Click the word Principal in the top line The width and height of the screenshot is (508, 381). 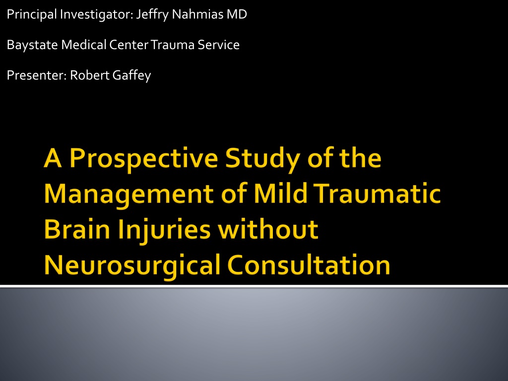point(32,14)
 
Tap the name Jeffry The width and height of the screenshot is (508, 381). point(152,14)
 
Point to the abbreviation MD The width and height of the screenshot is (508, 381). point(237,14)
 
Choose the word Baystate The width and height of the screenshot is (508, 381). point(32,45)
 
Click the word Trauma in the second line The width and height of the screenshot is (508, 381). point(173,45)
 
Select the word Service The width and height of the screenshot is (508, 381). point(219,45)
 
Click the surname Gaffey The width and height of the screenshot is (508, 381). point(131,75)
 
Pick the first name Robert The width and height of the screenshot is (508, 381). point(90,75)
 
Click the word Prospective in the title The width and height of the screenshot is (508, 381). point(144,159)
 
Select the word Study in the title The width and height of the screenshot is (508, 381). point(262,159)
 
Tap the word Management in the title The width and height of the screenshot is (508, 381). point(128,194)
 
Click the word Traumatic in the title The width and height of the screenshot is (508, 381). point(378,193)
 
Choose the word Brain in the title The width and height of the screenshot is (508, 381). point(77,229)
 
